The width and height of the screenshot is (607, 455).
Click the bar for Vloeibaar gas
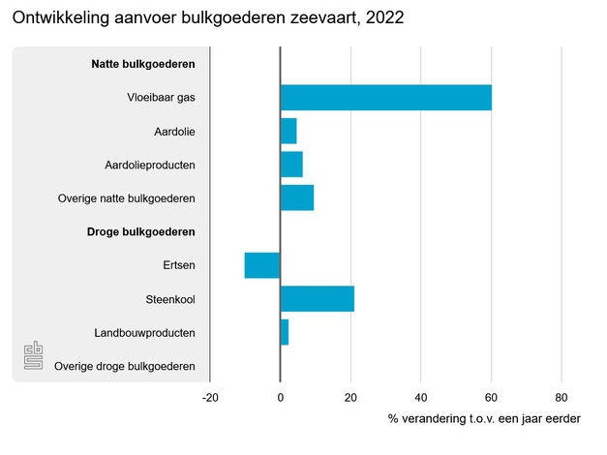tap(385, 98)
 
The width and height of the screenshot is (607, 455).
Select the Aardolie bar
tap(288, 131)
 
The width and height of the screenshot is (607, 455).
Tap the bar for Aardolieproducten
tap(291, 165)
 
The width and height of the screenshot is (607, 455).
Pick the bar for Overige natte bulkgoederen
tap(297, 197)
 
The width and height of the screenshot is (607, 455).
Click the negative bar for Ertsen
tap(262, 265)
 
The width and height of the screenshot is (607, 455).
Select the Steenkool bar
tap(317, 299)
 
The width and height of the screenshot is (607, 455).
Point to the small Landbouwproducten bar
tap(285, 332)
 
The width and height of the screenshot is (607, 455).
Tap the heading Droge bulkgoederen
tap(141, 232)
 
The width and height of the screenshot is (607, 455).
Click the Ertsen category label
tap(179, 265)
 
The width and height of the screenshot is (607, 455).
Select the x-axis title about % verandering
tap(484, 419)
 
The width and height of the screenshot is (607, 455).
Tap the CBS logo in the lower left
tap(34, 357)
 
